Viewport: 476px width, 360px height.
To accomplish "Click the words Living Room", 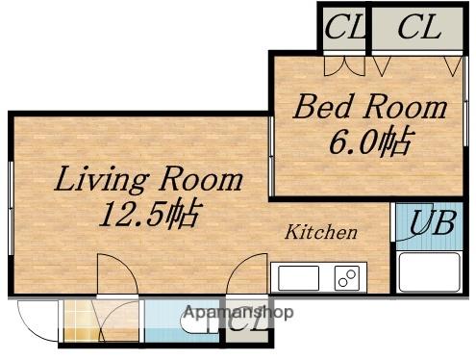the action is pyautogui.click(x=148, y=179).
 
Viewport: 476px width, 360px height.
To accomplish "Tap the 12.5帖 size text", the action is pyautogui.click(x=150, y=214).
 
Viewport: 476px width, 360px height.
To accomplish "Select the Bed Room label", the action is pyautogui.click(x=370, y=107).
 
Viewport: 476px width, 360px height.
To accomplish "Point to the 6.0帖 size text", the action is pyautogui.click(x=370, y=141).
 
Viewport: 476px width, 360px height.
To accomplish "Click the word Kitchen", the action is pyautogui.click(x=321, y=232).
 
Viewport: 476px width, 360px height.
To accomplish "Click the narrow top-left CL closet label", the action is pyautogui.click(x=344, y=27).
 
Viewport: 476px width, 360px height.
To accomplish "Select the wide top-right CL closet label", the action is pyautogui.click(x=419, y=27).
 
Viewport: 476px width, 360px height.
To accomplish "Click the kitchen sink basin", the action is pyautogui.click(x=298, y=278).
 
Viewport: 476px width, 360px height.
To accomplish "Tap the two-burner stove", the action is pyautogui.click(x=347, y=278).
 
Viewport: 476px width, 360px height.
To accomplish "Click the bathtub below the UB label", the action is pyautogui.click(x=429, y=271).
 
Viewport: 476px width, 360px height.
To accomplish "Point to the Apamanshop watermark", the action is pyautogui.click(x=238, y=312).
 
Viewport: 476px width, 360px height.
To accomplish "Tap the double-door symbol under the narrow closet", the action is pyautogui.click(x=344, y=66).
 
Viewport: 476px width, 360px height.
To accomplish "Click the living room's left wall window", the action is pyautogui.click(x=11, y=208).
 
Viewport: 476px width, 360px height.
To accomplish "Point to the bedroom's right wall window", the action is pyautogui.click(x=465, y=101).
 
